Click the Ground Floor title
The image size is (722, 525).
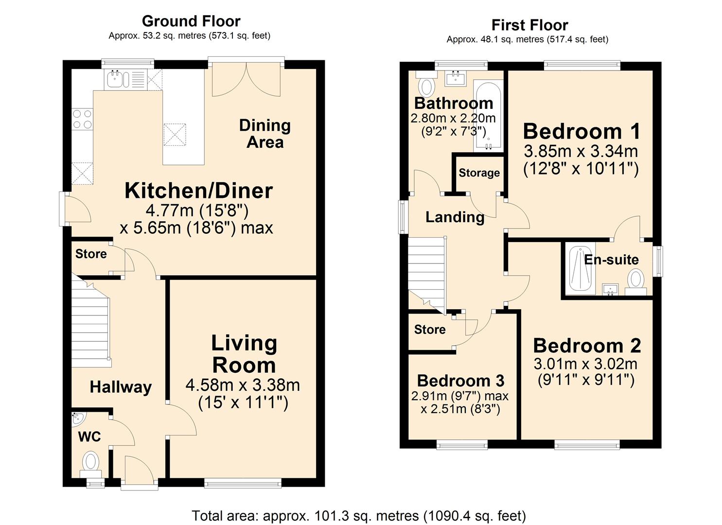191,21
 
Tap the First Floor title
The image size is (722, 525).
529,25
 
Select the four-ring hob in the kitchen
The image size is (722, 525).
82,119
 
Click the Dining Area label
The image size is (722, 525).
265,134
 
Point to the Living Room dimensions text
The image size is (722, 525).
243,394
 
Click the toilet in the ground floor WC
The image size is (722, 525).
90,461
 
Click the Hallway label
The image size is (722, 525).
121,387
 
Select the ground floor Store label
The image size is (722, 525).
91,254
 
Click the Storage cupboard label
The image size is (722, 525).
479,173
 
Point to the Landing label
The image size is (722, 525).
455,217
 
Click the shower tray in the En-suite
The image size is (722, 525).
579,270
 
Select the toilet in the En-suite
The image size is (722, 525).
636,282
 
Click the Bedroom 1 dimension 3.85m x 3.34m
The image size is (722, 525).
581,151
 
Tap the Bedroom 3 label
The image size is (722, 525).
460,380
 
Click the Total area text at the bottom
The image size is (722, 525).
359,515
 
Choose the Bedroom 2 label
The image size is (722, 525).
587,346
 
